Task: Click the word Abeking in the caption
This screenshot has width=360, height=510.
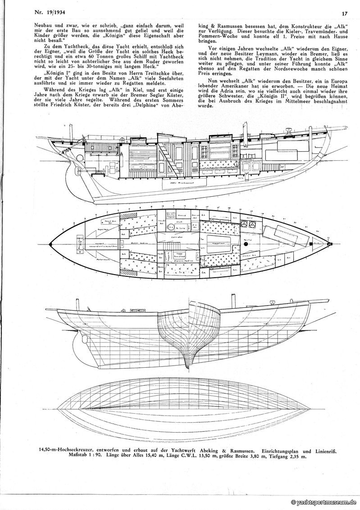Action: pyautogui.click(x=205, y=450)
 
